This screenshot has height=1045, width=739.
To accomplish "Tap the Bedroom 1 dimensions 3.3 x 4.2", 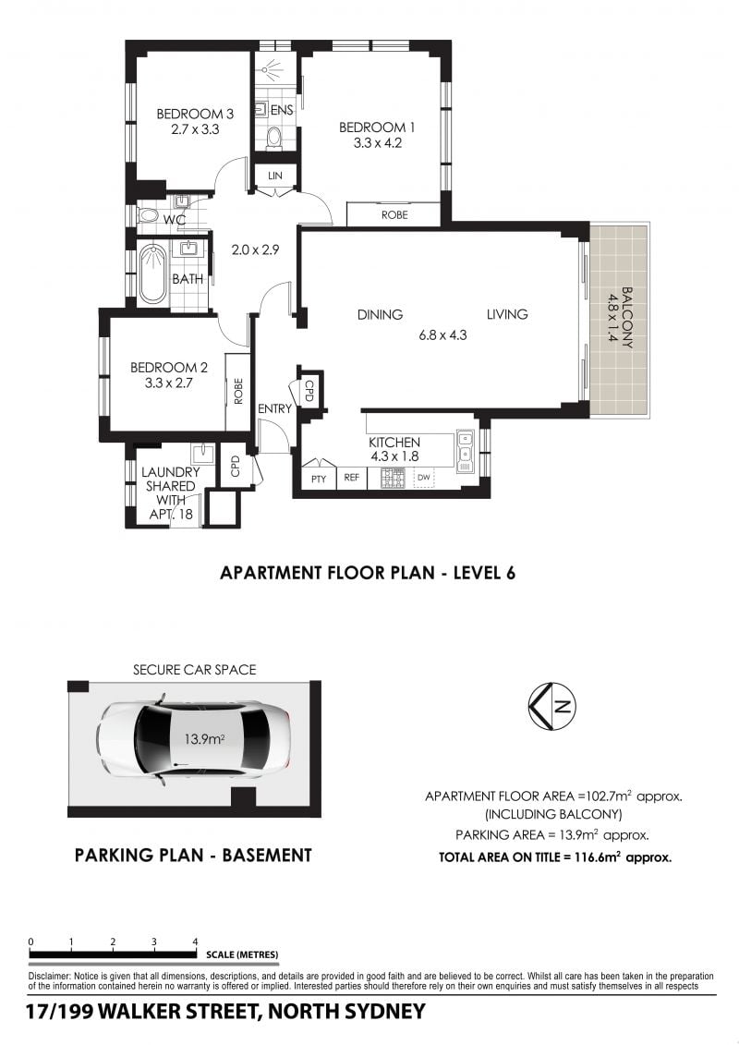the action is point(377,142).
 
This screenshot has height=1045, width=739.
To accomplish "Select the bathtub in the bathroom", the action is point(153,274).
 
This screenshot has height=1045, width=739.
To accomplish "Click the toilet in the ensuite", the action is point(273,139).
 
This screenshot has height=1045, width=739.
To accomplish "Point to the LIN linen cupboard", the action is point(275,176).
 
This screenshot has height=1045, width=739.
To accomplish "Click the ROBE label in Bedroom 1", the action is point(394,214).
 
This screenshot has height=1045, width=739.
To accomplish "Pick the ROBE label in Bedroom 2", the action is point(238,392).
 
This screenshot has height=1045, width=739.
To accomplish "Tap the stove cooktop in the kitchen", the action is point(393,478).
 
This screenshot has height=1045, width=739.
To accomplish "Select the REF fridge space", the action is point(351,477).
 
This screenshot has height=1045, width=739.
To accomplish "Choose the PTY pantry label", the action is point(319,479).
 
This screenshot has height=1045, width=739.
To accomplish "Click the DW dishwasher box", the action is point(425,477).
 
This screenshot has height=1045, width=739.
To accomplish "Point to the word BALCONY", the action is point(627,317).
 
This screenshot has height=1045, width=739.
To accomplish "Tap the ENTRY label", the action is point(274,408).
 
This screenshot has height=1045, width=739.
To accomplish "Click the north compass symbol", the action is point(552,707).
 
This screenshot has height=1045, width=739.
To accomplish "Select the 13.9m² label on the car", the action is point(204,738).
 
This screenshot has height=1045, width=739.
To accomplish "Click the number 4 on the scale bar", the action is point(195,942).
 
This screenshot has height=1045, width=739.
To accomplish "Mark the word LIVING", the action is point(506,314).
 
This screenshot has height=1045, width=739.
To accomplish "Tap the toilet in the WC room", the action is point(149,215).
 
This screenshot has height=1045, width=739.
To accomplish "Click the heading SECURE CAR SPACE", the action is point(194,670).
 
